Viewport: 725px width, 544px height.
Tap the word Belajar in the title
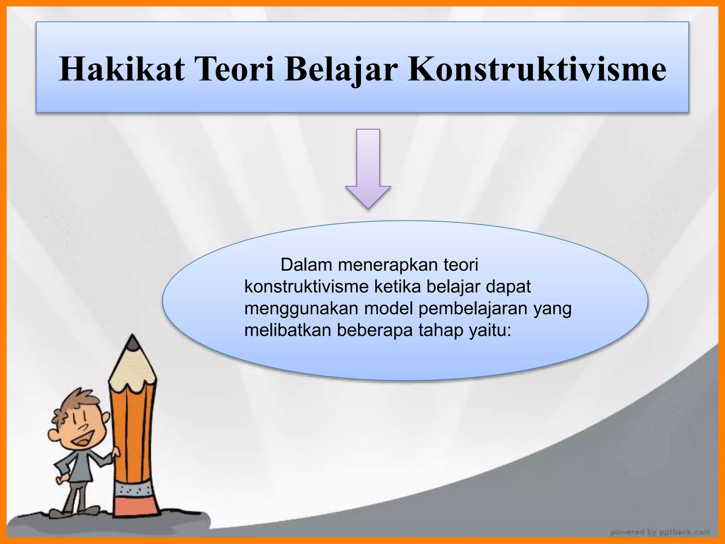click(339, 69)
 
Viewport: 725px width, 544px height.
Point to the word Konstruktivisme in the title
click(537, 69)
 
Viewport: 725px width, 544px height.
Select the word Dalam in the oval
click(307, 265)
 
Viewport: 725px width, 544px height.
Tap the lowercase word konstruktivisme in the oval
click(307, 287)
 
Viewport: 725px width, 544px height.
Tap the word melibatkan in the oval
click(287, 330)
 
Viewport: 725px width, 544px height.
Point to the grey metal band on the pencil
click(135, 490)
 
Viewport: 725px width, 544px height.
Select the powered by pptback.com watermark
click(660, 532)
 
